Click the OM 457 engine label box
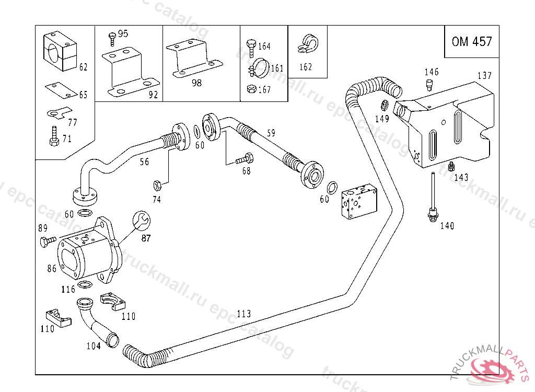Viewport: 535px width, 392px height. [472, 41]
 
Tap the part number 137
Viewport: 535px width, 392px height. [484, 76]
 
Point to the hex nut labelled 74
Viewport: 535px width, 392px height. [156, 185]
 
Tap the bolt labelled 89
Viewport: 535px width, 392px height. [47, 241]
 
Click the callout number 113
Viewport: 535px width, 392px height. [243, 314]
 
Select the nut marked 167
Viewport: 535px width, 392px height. [251, 89]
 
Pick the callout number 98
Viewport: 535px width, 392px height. [196, 83]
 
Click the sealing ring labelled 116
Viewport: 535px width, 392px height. [84, 285]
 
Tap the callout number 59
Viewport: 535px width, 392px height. [270, 133]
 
